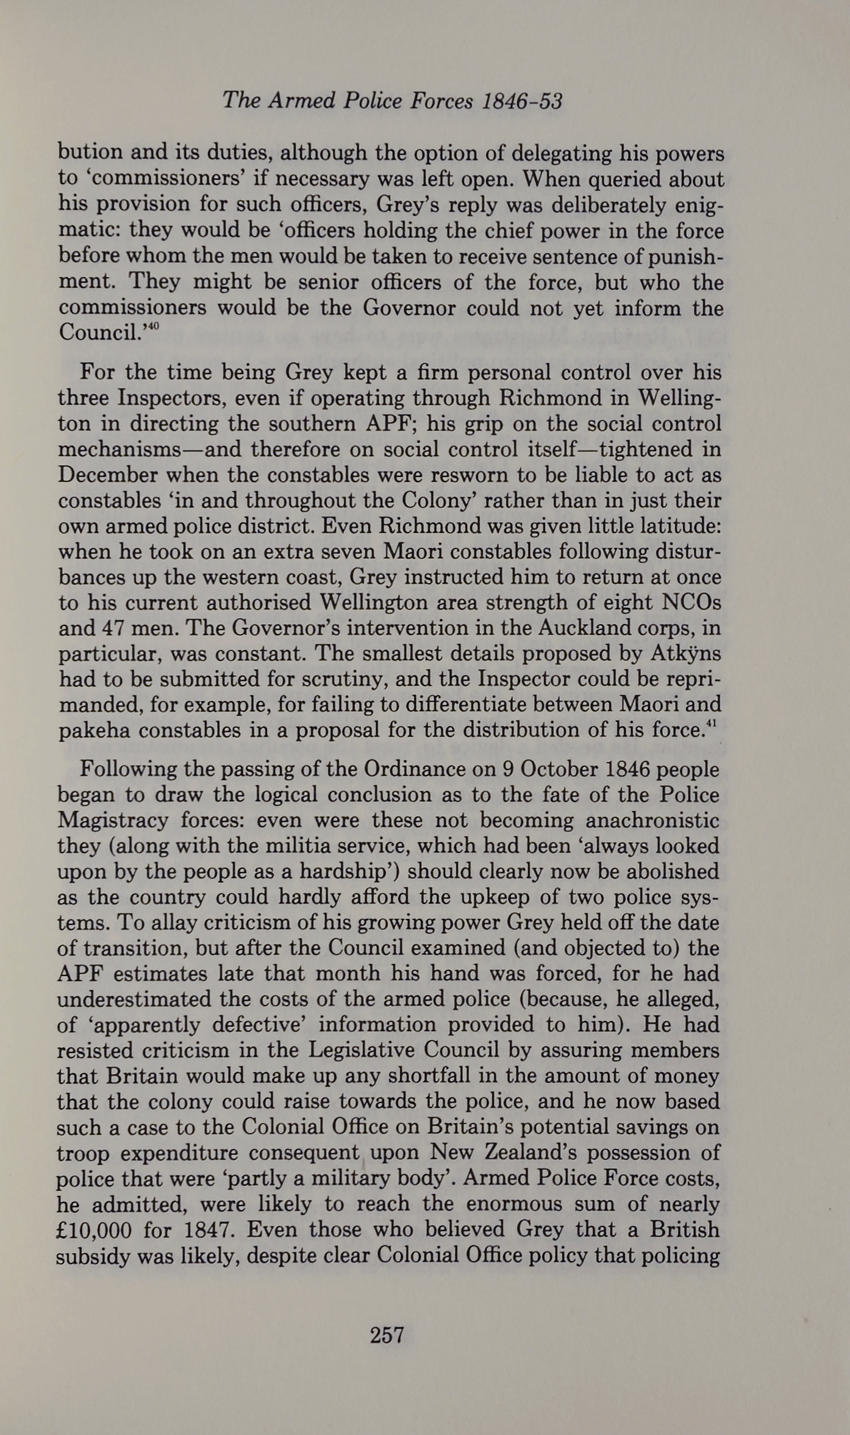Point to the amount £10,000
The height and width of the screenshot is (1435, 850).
point(93,1229)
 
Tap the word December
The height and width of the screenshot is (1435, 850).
point(107,475)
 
